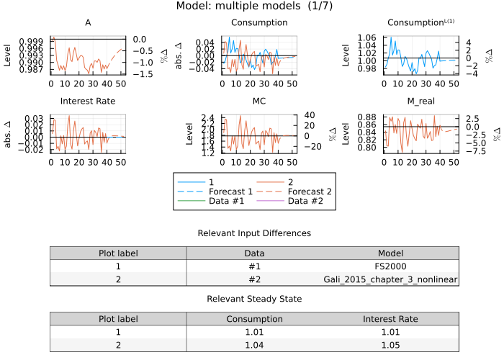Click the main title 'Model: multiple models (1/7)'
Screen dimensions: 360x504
(x=254, y=6)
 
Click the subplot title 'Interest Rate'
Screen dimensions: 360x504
(x=88, y=101)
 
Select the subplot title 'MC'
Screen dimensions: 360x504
(x=259, y=101)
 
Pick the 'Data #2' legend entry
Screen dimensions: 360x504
(x=307, y=202)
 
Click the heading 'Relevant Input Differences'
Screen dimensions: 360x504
(x=254, y=233)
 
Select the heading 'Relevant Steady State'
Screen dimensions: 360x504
(x=254, y=298)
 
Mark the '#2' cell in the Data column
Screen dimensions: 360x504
(x=254, y=279)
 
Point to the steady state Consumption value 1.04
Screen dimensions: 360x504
(x=254, y=344)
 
